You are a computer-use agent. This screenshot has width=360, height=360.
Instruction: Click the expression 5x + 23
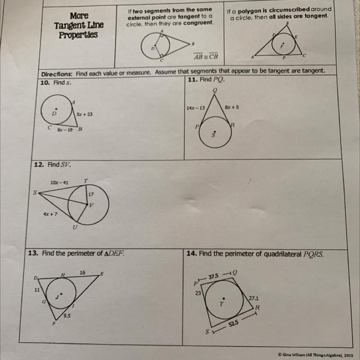click(85, 114)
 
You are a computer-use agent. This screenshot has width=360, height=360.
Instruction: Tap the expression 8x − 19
click(65, 130)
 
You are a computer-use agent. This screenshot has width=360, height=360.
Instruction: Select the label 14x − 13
click(196, 108)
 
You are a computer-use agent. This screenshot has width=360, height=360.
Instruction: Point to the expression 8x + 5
click(232, 107)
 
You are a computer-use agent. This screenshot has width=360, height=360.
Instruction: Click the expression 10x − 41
click(59, 183)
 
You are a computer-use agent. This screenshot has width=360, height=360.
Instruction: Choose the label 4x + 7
click(50, 214)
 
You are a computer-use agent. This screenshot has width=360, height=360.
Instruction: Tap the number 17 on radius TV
click(91, 194)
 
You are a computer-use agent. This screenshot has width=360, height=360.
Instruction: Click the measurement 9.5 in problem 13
click(67, 316)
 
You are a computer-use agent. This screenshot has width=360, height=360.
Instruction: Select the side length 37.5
click(213, 277)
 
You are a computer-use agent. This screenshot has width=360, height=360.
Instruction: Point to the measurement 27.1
click(254, 298)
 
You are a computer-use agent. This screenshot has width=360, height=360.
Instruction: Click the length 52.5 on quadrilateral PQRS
click(233, 324)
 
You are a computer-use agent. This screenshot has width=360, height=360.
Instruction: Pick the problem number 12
click(39, 165)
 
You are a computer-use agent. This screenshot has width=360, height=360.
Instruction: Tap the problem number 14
click(192, 253)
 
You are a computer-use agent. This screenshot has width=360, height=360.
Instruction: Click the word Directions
click(57, 74)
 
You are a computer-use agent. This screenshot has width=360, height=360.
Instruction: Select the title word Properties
click(78, 35)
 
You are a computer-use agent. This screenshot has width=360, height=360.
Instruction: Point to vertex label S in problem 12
click(35, 193)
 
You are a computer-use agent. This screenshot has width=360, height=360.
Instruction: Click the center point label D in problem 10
click(54, 113)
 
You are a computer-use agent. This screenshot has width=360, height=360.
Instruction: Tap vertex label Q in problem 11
click(215, 90)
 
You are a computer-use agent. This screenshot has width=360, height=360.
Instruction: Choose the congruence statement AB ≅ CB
click(206, 56)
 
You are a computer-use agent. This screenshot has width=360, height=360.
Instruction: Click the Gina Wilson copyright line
click(316, 355)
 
